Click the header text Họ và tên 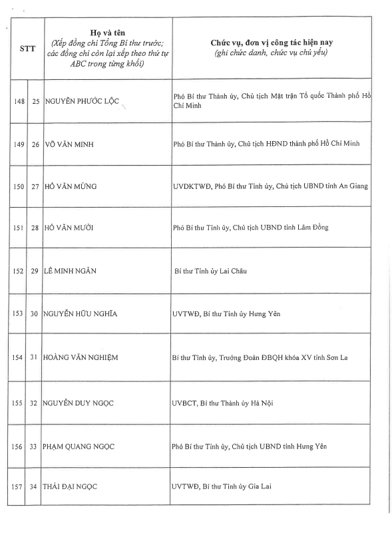pos(106,32)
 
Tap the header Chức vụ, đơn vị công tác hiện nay pos(270,43)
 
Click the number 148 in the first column pos(20,101)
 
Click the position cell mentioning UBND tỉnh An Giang pos(270,186)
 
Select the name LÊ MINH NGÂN pos(71,271)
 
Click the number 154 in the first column pos(20,358)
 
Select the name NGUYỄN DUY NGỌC pos(79,403)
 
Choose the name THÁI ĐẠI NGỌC pos(71,486)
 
